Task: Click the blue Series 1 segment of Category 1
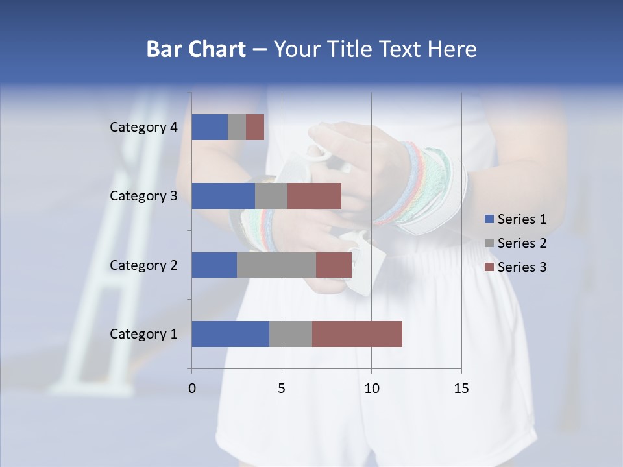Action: coord(230,334)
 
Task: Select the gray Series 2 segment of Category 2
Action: coord(276,265)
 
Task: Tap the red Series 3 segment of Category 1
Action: coord(357,334)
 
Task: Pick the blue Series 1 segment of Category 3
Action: coord(223,196)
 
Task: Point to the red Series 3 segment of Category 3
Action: coord(314,196)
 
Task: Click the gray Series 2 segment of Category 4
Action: coord(237,127)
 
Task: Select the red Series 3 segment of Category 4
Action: coord(255,127)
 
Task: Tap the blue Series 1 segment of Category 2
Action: coord(214,265)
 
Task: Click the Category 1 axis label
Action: coord(143,334)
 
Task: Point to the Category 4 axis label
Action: coord(143,127)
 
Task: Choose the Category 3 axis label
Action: coord(143,196)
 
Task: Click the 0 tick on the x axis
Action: coord(192,389)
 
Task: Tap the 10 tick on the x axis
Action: coord(371,389)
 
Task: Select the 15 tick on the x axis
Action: coord(461,389)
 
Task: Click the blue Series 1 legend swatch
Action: coord(489,219)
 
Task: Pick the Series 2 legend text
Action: coord(522,243)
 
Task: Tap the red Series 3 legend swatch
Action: coord(489,267)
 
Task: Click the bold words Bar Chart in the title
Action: coord(196,49)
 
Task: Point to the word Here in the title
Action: coord(452,49)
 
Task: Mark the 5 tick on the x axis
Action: coord(282,389)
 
